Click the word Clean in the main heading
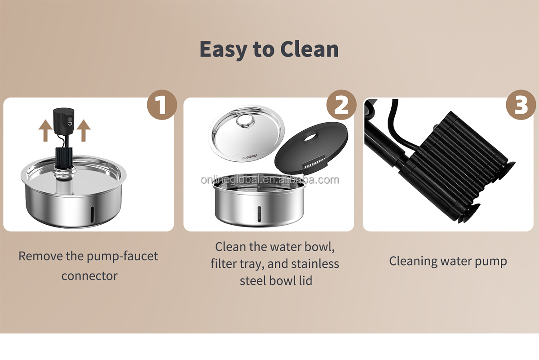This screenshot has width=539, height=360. (x=309, y=49)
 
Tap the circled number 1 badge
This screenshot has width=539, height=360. (x=162, y=105)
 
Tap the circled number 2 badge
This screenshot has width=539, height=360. (x=341, y=105)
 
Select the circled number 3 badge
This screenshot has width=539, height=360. (x=521, y=105)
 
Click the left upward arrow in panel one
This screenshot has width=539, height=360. (x=45, y=130)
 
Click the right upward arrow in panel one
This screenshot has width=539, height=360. (x=84, y=130)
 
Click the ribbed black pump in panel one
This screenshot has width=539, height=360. (x=64, y=157)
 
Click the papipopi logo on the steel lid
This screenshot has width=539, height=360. (x=250, y=157)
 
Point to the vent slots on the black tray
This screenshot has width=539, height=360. (x=314, y=164)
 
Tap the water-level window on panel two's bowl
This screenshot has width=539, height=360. (x=260, y=214)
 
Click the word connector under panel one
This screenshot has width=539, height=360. (x=89, y=276)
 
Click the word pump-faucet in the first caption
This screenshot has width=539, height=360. (x=122, y=256)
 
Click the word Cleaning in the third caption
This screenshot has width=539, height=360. (x=412, y=262)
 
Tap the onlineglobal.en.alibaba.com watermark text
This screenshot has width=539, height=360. (x=270, y=180)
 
